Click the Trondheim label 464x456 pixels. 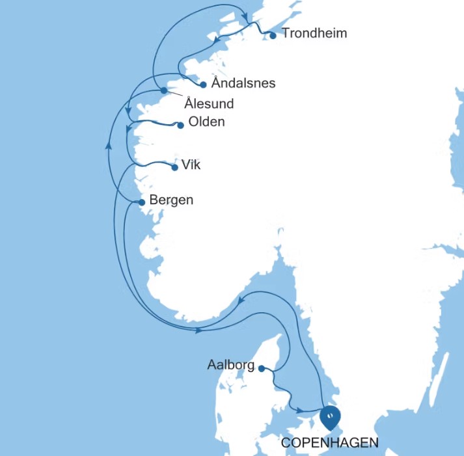click(314, 33)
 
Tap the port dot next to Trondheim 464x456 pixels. click(273, 35)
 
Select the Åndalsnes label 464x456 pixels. click(243, 83)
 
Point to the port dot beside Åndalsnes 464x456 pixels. click(204, 85)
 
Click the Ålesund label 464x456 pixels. click(209, 103)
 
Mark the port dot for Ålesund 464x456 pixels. click(164, 90)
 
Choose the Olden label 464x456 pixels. click(206, 122)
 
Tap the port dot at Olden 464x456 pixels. click(180, 126)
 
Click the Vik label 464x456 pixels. click(191, 165)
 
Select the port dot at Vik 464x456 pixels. click(174, 168)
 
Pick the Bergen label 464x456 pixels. click(171, 200)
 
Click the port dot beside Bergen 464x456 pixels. click(142, 202)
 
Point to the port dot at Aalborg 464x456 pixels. click(262, 369)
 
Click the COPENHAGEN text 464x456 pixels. click(330, 443)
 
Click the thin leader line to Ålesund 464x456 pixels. click(176, 95)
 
